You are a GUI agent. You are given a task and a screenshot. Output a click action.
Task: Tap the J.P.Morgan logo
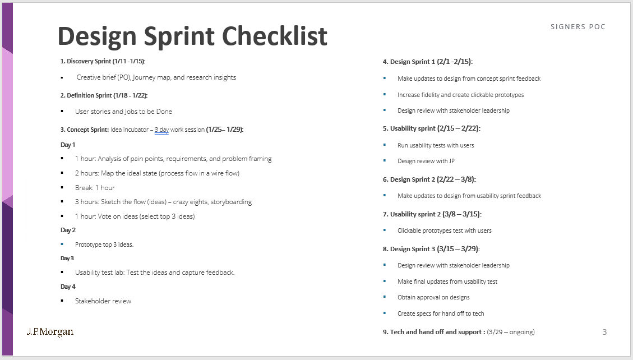click(50, 331)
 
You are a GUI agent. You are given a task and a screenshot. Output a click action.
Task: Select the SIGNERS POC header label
click(578, 27)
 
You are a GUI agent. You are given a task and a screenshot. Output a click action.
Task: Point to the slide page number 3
click(604, 332)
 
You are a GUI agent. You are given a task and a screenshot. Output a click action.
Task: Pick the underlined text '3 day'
click(161, 130)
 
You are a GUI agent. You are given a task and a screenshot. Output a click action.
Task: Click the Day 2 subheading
click(68, 230)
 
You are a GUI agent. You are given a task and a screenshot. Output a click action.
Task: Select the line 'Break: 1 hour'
click(95, 187)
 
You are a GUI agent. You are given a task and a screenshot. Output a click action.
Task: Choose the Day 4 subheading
click(68, 287)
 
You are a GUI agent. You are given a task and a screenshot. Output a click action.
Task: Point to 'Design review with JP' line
click(426, 161)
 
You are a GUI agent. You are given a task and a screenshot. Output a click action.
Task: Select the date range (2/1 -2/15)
click(458, 62)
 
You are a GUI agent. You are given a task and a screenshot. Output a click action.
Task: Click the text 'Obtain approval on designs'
click(433, 297)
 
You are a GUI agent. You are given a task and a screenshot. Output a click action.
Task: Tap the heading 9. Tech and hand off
click(433, 332)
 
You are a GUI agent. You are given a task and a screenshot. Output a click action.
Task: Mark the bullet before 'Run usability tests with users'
click(385, 145)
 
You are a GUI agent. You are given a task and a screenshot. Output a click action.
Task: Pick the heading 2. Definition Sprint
click(86, 95)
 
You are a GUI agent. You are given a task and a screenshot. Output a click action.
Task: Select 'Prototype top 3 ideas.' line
click(104, 244)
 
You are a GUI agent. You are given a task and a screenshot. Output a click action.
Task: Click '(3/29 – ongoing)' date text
click(511, 332)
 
